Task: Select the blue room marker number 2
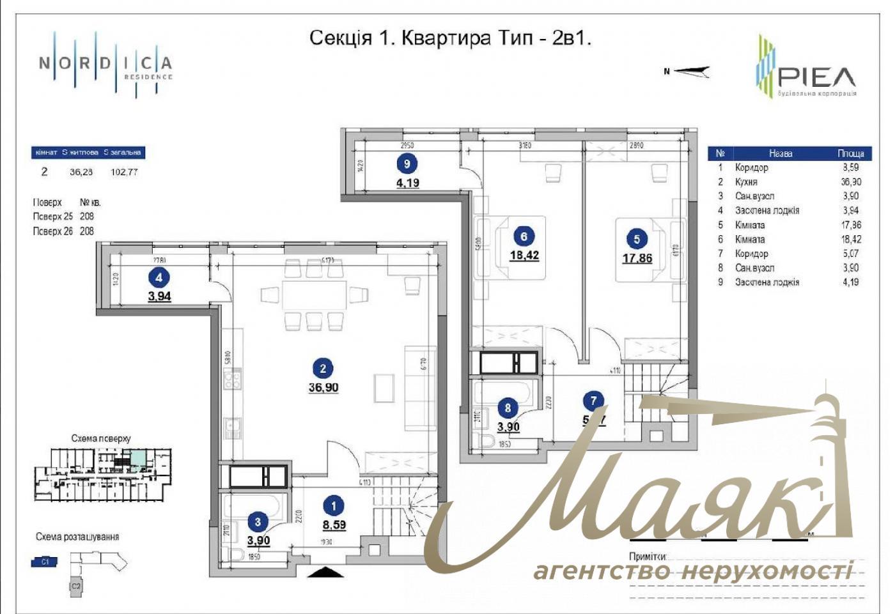click(x=323, y=368)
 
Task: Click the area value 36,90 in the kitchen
click(x=323, y=388)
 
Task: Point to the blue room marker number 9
click(x=407, y=164)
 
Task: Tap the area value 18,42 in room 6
click(x=524, y=256)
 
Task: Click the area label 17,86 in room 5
click(x=637, y=259)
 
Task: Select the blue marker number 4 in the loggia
click(x=159, y=277)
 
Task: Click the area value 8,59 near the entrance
click(x=334, y=525)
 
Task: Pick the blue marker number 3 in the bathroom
click(x=258, y=522)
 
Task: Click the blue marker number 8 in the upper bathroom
click(x=508, y=408)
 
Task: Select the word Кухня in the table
click(x=746, y=182)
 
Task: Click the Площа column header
click(x=850, y=153)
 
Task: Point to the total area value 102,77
click(x=124, y=172)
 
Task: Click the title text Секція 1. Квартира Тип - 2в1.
click(x=450, y=38)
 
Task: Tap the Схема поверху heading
click(x=100, y=438)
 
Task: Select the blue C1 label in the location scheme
click(x=45, y=562)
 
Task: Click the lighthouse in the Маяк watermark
click(x=831, y=460)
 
